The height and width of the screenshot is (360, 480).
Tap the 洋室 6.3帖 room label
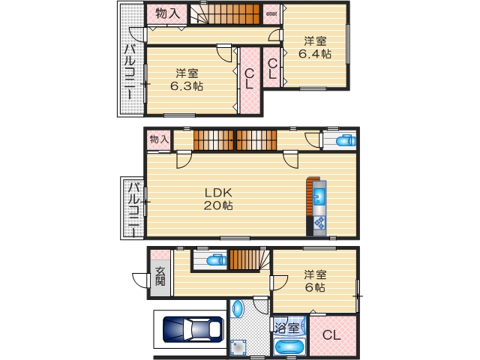point(187,79)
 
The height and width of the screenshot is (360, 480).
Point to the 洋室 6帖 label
point(315,280)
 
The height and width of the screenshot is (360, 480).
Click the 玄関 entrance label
point(160,276)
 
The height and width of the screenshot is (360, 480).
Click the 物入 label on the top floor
point(166,13)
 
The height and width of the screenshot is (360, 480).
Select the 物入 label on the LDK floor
point(158,139)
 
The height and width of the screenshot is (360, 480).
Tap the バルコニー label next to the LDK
point(132,208)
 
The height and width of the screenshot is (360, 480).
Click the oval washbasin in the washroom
point(238,310)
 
